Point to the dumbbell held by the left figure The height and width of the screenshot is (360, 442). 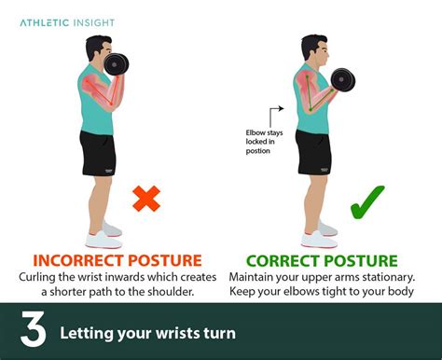(x=117, y=63)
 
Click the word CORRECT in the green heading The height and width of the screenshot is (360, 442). (x=281, y=260)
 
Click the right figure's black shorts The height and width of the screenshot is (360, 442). (x=312, y=152)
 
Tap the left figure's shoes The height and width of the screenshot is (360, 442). (x=104, y=233)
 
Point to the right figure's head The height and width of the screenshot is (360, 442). (x=314, y=53)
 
